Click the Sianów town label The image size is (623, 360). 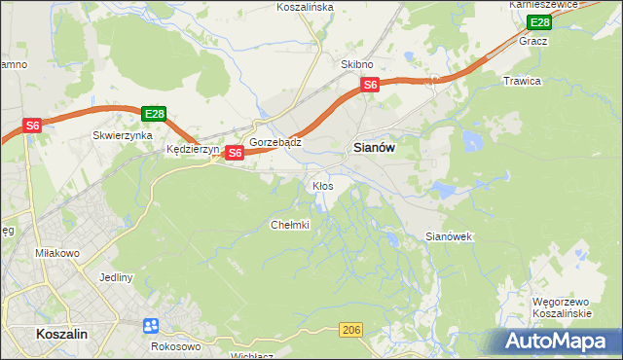click(371, 149)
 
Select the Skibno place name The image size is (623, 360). click(357, 64)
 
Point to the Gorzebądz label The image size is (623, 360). click(275, 142)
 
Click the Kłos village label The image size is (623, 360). click(322, 185)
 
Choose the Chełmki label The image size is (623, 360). click(289, 225)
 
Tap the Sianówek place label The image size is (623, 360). click(449, 236)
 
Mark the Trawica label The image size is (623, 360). click(521, 81)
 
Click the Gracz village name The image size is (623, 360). click(533, 42)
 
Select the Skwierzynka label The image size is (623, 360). click(123, 136)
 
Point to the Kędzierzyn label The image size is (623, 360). click(191, 151)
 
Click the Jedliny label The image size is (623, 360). click(116, 277)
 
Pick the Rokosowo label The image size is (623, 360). click(176, 345)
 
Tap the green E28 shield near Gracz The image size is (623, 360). click(539, 22)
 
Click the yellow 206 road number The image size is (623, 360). click(352, 332)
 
